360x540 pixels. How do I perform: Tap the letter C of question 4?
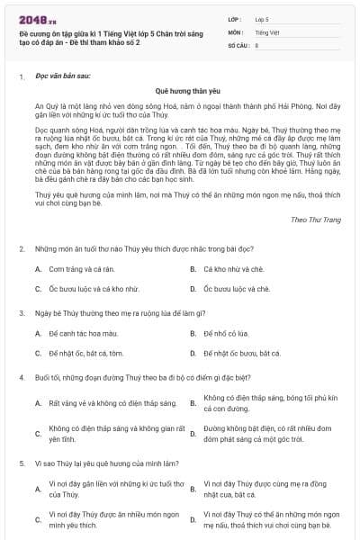38,433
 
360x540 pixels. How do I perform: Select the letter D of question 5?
193,518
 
